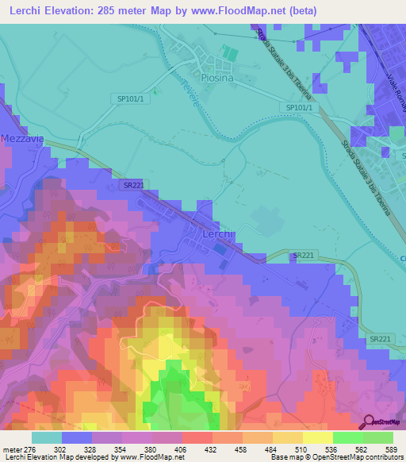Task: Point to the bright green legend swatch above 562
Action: (348, 437)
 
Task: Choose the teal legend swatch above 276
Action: (47, 437)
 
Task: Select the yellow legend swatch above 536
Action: (318, 437)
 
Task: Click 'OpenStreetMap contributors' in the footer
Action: (355, 457)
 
